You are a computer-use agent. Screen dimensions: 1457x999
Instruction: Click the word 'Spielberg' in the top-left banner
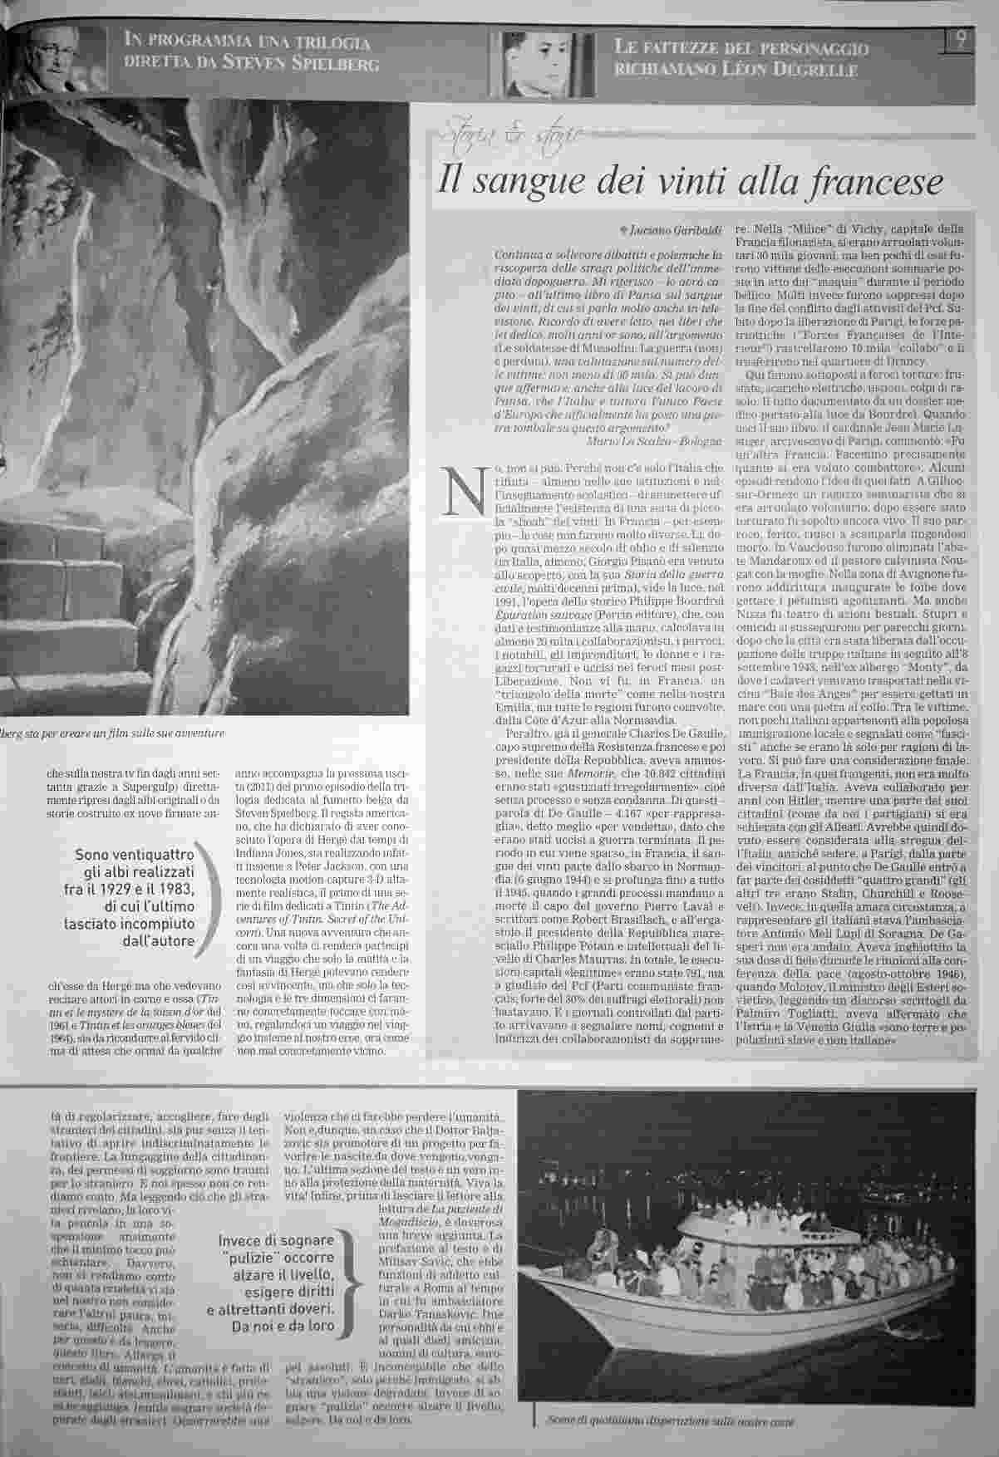click(334, 64)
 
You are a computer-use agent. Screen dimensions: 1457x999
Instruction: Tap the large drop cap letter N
click(462, 492)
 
